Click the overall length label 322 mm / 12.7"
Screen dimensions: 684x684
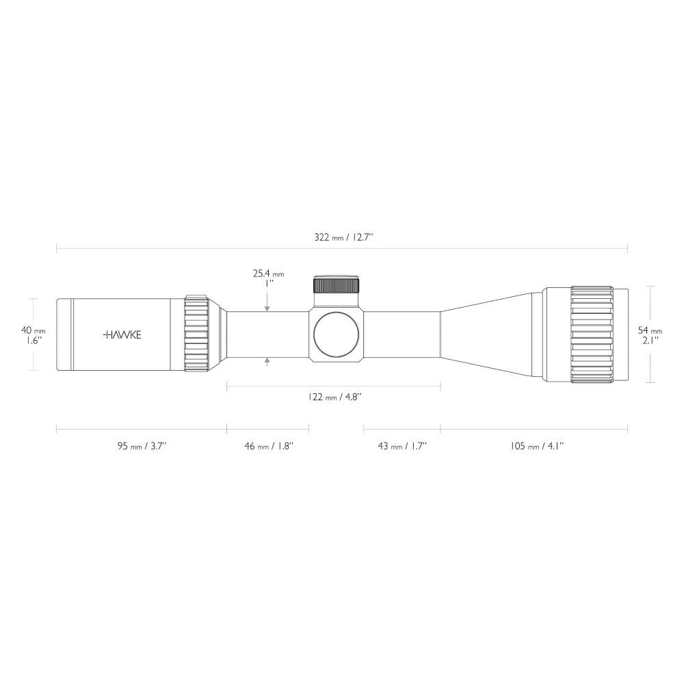coord(343,237)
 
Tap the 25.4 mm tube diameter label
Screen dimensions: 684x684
coord(267,274)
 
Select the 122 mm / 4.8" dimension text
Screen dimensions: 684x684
coord(334,397)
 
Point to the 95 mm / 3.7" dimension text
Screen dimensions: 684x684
coord(142,446)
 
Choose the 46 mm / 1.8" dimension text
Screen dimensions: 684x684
coord(268,446)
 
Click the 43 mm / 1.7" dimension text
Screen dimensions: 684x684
coord(402,446)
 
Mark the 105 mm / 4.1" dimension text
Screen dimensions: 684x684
coord(536,446)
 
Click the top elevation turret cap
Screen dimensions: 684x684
coord(337,285)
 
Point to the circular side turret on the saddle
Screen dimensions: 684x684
coord(336,334)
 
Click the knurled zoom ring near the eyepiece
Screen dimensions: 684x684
coord(196,334)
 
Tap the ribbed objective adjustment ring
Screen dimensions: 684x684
coord(592,334)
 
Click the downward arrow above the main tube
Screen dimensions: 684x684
coord(267,308)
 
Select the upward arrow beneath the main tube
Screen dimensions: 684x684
coord(267,360)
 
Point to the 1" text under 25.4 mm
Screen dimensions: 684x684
coord(268,282)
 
